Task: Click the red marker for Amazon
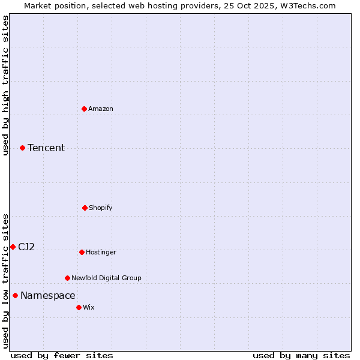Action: tap(84, 109)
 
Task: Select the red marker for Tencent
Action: tap(22, 148)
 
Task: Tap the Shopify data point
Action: tap(85, 208)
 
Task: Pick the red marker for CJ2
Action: tap(13, 247)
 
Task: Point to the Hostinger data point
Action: tap(82, 252)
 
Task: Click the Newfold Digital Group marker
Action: tap(67, 278)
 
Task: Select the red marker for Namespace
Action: tap(15, 295)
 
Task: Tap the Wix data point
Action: tap(79, 307)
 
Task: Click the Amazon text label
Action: tap(101, 109)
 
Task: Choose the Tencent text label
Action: tap(46, 148)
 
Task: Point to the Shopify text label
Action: tap(101, 208)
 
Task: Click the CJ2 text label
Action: tap(26, 247)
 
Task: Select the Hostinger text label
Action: tap(101, 252)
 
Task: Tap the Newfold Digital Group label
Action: tap(106, 278)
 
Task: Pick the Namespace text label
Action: tap(48, 295)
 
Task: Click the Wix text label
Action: tap(89, 307)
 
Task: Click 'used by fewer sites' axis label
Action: tap(62, 355)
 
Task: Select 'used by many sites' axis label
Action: tap(301, 355)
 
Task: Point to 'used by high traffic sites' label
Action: tap(5, 85)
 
